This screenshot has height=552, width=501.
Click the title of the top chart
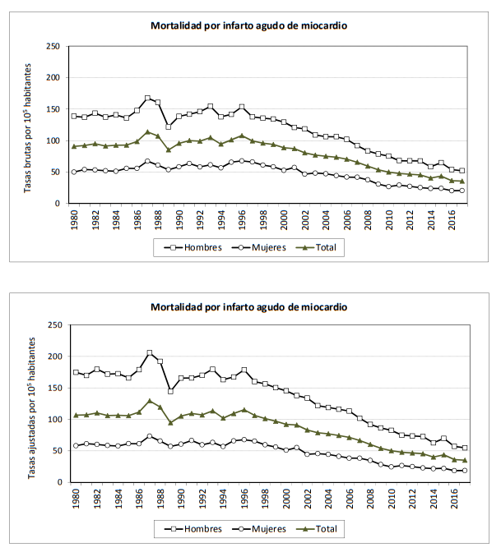point(248,25)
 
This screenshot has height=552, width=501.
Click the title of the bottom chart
point(248,306)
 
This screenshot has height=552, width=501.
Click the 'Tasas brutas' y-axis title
point(27,125)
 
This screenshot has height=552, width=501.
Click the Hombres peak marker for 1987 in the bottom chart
point(150,353)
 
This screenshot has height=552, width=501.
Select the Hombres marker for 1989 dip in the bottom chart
point(170,391)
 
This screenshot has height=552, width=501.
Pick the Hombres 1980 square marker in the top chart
point(75,116)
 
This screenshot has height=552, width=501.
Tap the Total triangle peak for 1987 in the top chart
point(148,132)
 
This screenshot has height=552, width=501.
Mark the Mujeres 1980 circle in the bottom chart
point(76,445)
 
